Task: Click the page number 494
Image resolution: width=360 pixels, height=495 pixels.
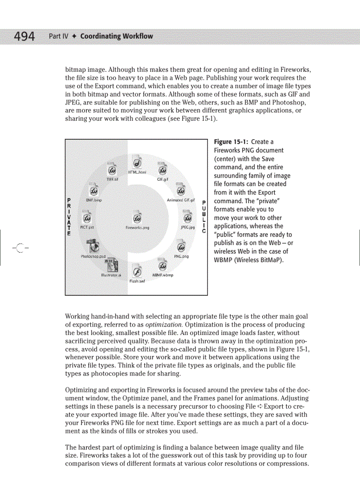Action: (24, 36)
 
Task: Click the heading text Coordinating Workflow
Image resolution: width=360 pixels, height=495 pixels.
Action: (116, 36)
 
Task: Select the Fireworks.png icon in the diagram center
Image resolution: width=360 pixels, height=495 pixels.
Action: (137, 219)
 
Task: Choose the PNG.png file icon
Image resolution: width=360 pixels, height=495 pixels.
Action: (180, 246)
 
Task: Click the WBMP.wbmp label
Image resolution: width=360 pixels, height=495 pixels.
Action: (162, 275)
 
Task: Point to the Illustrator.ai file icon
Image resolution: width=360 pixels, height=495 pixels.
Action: (108, 265)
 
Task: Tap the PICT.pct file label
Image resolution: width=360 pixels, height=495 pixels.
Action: (86, 227)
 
